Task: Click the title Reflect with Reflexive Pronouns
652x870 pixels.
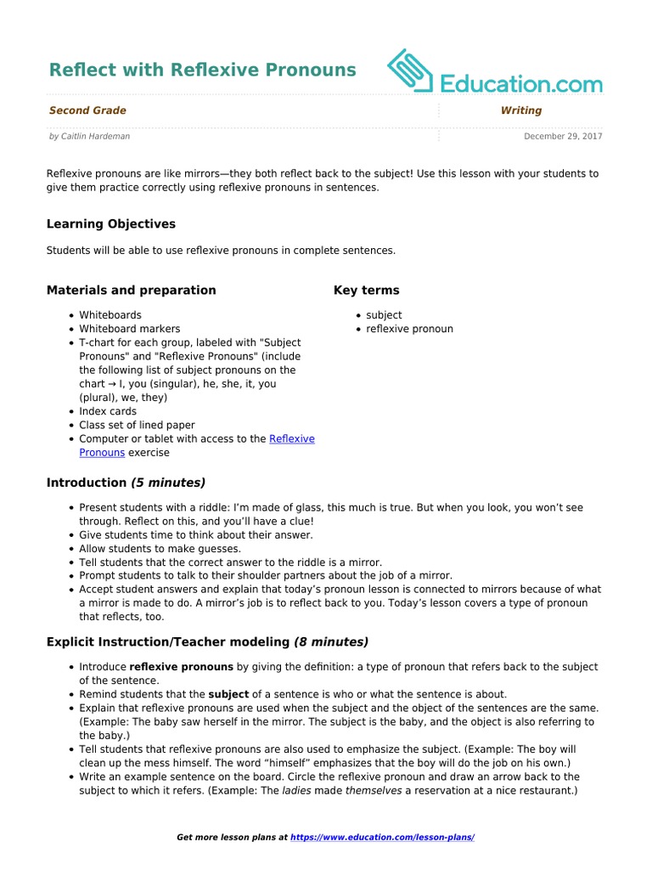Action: click(202, 70)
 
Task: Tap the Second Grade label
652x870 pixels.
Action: click(87, 110)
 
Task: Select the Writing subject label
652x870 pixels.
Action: click(520, 110)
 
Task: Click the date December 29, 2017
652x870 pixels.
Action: click(563, 136)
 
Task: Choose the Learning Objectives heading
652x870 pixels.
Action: click(110, 224)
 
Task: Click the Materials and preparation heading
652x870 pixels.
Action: click(131, 291)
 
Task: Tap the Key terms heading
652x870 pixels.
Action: click(366, 291)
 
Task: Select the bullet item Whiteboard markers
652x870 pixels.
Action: click(129, 329)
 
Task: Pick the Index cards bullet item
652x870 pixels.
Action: click(108, 411)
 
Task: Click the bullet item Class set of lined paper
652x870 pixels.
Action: click(137, 425)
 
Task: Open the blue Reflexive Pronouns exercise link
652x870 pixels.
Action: click(291, 439)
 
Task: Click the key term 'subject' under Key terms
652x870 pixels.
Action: click(384, 315)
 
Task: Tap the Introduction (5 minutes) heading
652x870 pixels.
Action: click(126, 483)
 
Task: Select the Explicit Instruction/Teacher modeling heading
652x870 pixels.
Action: click(207, 641)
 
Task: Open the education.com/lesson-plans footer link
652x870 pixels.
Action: click(382, 838)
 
